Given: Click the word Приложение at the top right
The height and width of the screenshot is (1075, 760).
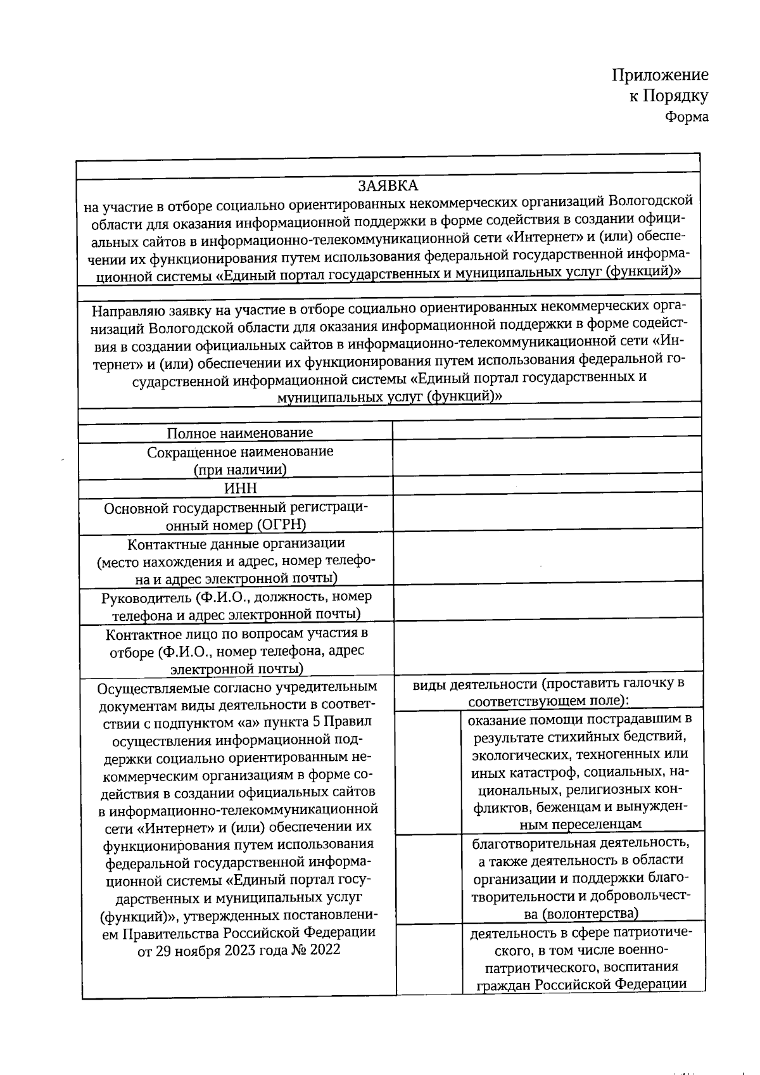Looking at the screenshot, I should (x=659, y=75).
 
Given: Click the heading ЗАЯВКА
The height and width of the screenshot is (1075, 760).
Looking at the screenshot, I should (x=388, y=186).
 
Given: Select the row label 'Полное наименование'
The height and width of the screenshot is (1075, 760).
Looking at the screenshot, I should (x=240, y=433).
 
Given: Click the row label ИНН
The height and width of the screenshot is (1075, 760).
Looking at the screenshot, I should (x=241, y=488).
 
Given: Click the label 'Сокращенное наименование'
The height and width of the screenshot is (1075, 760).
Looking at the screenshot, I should (x=240, y=452).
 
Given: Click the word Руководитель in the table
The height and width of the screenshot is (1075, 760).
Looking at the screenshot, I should (x=146, y=597).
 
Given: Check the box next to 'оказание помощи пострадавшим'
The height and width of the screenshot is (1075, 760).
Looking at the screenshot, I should (x=428, y=771).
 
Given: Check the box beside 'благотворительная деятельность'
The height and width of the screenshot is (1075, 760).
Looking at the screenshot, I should (x=428, y=877).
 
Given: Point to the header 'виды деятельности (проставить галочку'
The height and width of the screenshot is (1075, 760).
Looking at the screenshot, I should (x=548, y=684).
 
